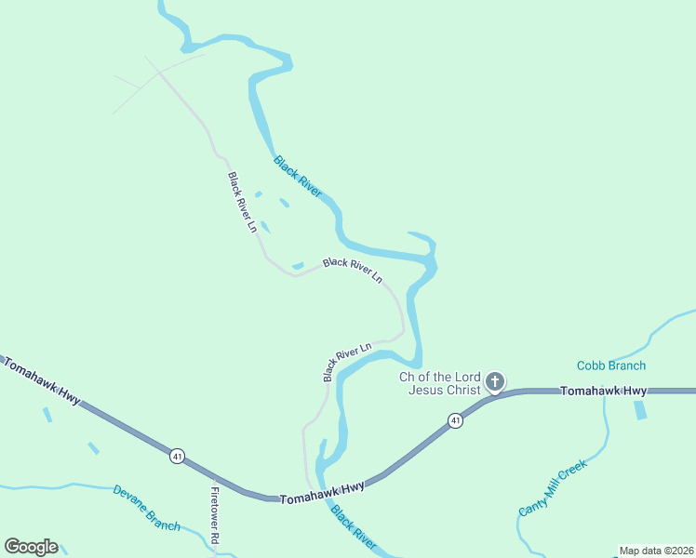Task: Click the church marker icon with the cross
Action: pos(495,381)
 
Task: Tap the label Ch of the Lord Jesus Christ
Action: pos(440,383)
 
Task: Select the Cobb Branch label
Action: pos(610,365)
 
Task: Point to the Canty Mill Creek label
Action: pos(553,488)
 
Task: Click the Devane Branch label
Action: pos(146,507)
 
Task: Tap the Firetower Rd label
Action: pos(214,515)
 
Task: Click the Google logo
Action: pos(31,547)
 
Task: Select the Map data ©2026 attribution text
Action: pos(656,551)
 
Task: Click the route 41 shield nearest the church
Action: pos(455,421)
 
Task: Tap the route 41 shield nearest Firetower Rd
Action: pos(177,456)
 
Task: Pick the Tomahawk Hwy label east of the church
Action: pos(603,392)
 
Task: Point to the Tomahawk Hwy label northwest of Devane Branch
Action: pos(41,381)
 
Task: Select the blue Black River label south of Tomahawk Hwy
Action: pos(353,528)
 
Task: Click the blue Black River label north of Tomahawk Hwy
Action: pos(298,177)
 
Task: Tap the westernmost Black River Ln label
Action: pos(242,202)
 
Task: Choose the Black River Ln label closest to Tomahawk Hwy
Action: pos(346,361)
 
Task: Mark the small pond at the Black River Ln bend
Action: pos(298,266)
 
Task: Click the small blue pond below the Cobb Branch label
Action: pos(640,409)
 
